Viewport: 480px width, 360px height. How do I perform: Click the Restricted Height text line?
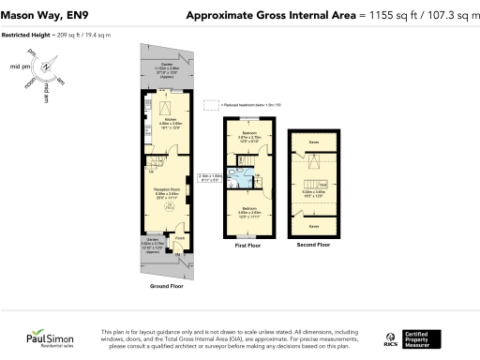[56, 34]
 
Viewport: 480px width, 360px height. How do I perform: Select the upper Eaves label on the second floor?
[312, 143]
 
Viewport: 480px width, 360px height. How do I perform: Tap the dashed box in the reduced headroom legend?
[211, 104]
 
